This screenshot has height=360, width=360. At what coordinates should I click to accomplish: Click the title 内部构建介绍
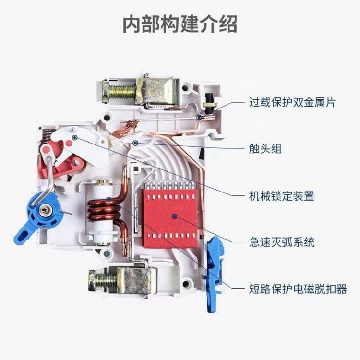click(x=180, y=24)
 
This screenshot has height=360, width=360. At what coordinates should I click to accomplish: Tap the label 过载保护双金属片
click(x=292, y=102)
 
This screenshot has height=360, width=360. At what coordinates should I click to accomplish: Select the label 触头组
click(x=265, y=148)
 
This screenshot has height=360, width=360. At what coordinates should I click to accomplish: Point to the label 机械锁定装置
click(x=281, y=196)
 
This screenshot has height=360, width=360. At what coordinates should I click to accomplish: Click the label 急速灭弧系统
click(x=282, y=242)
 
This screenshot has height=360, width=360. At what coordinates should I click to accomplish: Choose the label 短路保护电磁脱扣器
click(x=298, y=289)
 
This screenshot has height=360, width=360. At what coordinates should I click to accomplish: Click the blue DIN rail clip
click(x=215, y=275)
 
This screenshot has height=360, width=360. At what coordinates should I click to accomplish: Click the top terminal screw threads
click(x=121, y=92)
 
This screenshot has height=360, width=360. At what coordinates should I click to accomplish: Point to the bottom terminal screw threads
click(x=106, y=281)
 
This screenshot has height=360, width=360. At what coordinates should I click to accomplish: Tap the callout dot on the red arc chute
click(x=175, y=216)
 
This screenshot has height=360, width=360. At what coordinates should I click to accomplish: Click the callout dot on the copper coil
click(x=109, y=199)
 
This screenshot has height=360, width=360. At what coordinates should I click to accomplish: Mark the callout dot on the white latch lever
click(x=74, y=138)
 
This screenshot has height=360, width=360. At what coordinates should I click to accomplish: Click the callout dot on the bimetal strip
click(x=199, y=118)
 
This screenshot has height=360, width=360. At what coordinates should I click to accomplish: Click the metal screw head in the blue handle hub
click(x=44, y=210)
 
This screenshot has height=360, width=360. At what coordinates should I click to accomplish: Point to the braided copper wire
click(x=125, y=129)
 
